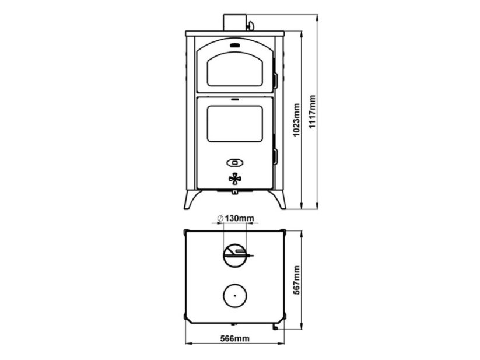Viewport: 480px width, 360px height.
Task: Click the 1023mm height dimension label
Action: coord(296,120)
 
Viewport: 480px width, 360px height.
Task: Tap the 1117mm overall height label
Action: coord(311,112)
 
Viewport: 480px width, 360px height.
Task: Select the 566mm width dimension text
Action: coord(235,338)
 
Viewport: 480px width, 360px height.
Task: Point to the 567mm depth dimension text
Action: coord(296,280)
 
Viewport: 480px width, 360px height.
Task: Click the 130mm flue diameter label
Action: coord(239,219)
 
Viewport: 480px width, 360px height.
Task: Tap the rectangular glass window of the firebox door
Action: coord(235,124)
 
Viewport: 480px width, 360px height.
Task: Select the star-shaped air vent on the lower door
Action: coord(235,179)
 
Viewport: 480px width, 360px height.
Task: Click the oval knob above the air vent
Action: coord(235,163)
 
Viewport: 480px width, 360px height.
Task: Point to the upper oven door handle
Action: coord(275,81)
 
